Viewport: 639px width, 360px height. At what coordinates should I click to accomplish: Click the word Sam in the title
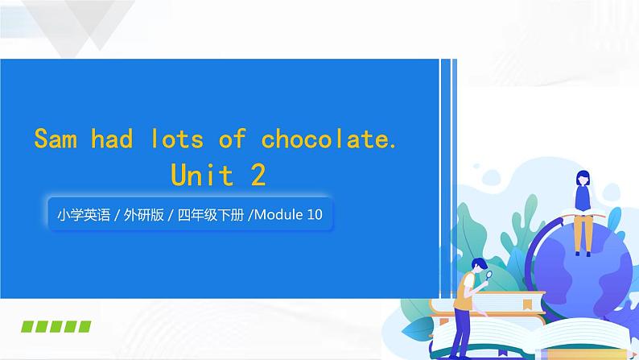tap(56, 139)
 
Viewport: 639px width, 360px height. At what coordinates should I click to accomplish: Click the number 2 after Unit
tap(258, 175)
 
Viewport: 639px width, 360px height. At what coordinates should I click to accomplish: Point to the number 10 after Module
tap(315, 215)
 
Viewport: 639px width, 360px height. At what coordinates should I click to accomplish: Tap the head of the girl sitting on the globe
tap(580, 177)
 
